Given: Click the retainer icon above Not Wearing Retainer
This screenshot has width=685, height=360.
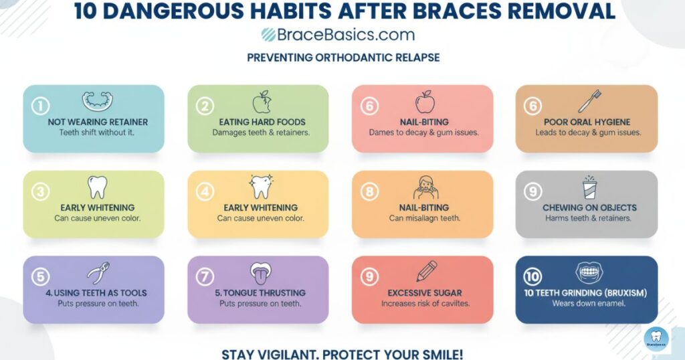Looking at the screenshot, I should tap(98, 101).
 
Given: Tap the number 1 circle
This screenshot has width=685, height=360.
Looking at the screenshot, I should tap(41, 105).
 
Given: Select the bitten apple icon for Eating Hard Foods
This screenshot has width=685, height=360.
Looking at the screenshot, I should tap(262, 102).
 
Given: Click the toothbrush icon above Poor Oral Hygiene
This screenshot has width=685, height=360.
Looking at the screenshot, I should tap(589, 102).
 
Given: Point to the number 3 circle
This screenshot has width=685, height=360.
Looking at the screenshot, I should tap(41, 191).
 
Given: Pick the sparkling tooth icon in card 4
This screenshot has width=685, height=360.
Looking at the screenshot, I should tap(260, 187).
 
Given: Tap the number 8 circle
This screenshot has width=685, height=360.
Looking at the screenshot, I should tap(369, 191).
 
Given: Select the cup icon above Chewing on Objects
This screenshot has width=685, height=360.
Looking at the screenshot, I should tap(589, 187).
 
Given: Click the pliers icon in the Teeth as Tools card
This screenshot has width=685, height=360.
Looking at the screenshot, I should tap(98, 273).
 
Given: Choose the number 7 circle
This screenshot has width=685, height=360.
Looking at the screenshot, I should tap(205, 276).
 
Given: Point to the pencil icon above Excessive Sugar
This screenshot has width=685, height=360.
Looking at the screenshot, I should tap(425, 272).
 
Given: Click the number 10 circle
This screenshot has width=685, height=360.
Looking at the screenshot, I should tap(533, 276).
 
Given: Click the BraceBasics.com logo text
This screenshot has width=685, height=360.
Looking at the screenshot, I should tap(338, 35).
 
